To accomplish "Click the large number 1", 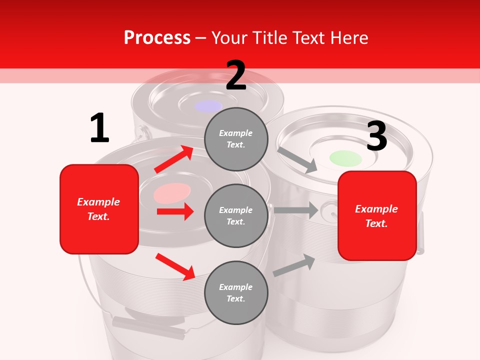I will (x=99, y=128).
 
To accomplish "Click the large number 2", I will (x=236, y=76).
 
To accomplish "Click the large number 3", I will (x=376, y=136).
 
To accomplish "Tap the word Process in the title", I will (x=157, y=37).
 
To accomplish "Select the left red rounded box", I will (x=99, y=209).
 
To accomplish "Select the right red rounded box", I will (x=377, y=216).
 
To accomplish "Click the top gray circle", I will (x=236, y=139).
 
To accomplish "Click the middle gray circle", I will (x=236, y=215).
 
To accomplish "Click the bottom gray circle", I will (x=236, y=292).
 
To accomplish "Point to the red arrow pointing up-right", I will (x=174, y=159).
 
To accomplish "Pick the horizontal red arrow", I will (x=175, y=211).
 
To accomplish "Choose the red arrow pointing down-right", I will (x=175, y=266).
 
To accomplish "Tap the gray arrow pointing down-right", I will (x=297, y=160).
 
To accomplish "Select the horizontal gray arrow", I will (x=295, y=210).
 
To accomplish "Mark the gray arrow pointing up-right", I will (x=294, y=265).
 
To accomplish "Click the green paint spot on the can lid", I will (x=345, y=158).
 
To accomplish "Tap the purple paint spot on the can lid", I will (x=208, y=106).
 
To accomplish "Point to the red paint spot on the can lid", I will (x=172, y=193).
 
